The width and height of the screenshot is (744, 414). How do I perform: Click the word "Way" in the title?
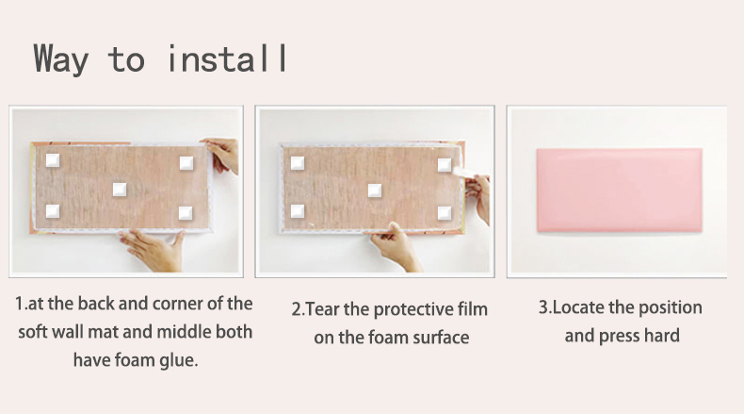(x=60, y=58)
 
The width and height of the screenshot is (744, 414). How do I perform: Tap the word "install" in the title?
(x=228, y=58)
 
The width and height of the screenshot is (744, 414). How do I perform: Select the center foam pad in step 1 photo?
(x=120, y=190)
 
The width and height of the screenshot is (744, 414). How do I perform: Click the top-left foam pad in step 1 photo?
(x=53, y=160)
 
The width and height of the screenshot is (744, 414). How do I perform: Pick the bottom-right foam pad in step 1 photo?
(x=186, y=212)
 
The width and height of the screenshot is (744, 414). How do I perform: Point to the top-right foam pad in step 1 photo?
(x=186, y=163)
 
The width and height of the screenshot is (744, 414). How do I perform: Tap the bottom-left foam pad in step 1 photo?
(x=53, y=210)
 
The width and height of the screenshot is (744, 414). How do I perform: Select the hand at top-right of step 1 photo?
(x=222, y=155)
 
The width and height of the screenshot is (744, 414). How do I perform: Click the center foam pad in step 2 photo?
(x=375, y=190)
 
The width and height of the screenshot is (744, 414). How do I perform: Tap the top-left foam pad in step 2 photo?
(x=298, y=163)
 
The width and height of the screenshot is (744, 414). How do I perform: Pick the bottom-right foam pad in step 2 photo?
(x=445, y=212)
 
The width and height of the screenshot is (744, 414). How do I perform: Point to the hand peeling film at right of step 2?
(x=478, y=198)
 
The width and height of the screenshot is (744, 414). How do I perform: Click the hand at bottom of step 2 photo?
(x=396, y=247)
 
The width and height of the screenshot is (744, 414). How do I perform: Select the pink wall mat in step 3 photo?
(x=619, y=190)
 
